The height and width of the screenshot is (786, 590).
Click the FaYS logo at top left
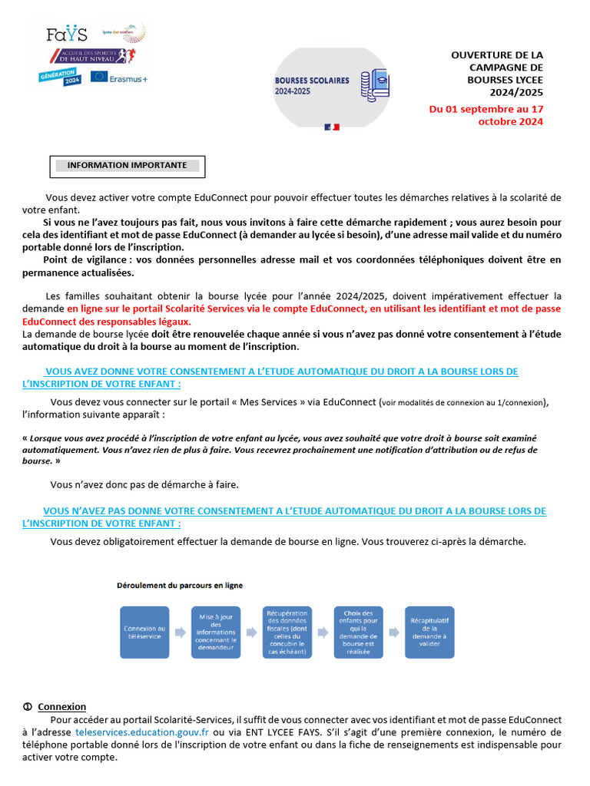pyautogui.click(x=67, y=35)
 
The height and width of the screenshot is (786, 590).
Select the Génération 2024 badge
pyautogui.click(x=60, y=78)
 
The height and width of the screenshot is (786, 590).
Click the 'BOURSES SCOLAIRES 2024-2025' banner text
pyautogui.click(x=312, y=85)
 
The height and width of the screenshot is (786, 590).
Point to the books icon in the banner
pyautogui.click(x=375, y=85)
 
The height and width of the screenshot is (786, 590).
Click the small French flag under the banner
pyautogui.click(x=332, y=126)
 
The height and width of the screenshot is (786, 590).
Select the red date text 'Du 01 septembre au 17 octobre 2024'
pyautogui.click(x=486, y=115)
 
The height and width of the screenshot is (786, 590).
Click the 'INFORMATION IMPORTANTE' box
pyautogui.click(x=127, y=165)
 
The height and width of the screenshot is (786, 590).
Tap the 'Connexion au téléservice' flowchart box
pyautogui.click(x=144, y=632)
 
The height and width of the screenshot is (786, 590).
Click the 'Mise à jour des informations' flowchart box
pyautogui.click(x=216, y=632)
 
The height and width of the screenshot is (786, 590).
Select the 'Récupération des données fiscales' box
pyautogui.click(x=287, y=632)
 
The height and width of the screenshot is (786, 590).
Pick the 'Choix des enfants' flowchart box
pyautogui.click(x=359, y=632)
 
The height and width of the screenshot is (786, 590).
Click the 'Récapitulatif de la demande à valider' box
pyautogui.click(x=429, y=632)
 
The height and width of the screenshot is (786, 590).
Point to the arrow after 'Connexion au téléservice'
pyautogui.click(x=180, y=632)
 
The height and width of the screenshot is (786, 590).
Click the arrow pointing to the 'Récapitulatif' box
pyautogui.click(x=394, y=632)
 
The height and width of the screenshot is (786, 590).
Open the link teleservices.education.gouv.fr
pyautogui.click(x=142, y=732)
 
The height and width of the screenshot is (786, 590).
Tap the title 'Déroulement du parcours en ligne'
pyautogui.click(x=179, y=585)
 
